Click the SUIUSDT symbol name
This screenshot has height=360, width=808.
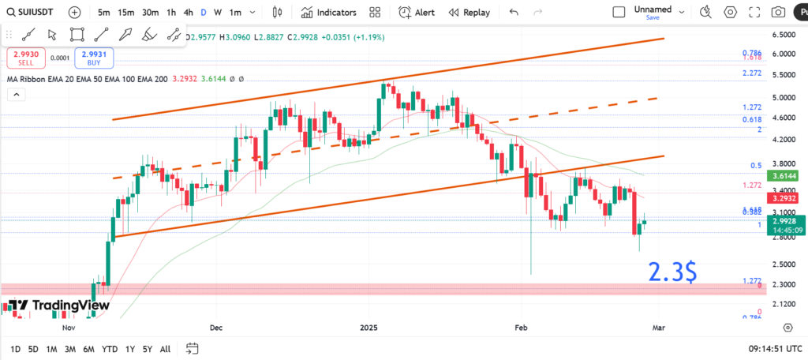pos(36,12)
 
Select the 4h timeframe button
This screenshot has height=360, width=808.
pos(188,13)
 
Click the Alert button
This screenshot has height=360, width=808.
pos(417,13)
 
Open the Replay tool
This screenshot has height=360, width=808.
pos(469,13)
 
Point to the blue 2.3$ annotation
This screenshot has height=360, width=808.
pos(673,272)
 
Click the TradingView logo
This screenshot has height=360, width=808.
pos(59,306)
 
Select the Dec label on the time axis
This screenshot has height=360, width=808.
pos(215,327)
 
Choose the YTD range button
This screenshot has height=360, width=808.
pos(110,349)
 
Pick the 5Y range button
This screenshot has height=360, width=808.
pos(147,349)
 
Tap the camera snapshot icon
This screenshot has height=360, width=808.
pos(778,13)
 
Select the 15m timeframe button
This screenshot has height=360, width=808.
pos(126,13)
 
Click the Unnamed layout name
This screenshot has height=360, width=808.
pos(653,9)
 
